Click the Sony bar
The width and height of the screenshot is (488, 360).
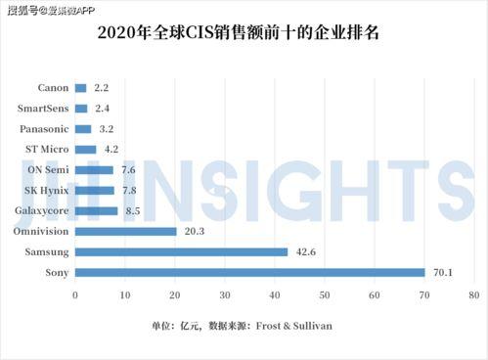point(249,272)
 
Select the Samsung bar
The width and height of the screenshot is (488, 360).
point(181,251)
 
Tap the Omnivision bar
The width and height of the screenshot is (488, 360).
point(125,231)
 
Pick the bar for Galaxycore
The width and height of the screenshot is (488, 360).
point(96,210)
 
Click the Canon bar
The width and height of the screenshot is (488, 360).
point(80,88)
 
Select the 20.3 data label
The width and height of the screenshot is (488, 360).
point(193,231)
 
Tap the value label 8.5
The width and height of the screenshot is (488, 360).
point(132,210)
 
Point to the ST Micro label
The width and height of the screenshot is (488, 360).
point(45,150)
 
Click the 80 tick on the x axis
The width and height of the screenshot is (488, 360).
point(473,294)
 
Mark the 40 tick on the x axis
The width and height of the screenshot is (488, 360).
point(274,294)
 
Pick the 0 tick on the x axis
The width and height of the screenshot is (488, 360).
point(75,294)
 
